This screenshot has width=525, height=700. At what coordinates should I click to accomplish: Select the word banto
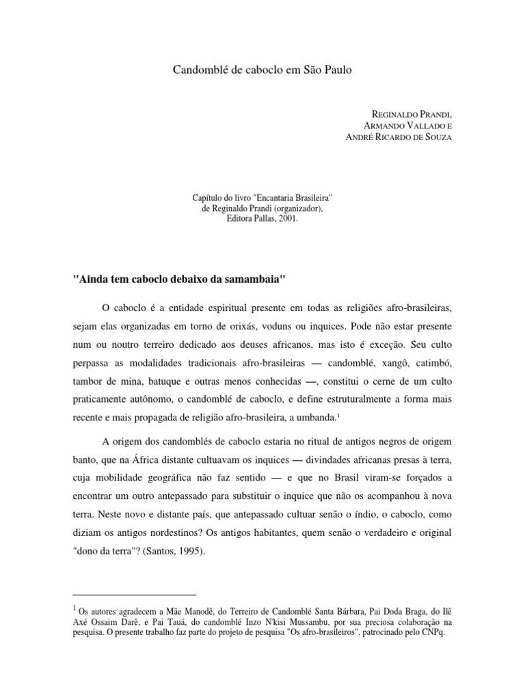pos(85,456)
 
